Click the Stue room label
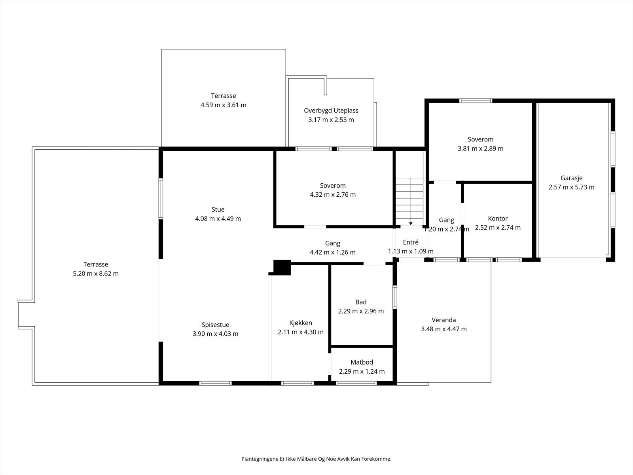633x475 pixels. (x=218, y=209)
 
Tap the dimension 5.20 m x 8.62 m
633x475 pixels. (x=96, y=274)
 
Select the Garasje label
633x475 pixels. (x=571, y=178)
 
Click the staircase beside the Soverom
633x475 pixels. (x=409, y=200)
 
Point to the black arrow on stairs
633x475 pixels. (x=411, y=223)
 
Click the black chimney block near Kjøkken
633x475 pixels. (x=282, y=267)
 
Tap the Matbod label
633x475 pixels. (x=362, y=362)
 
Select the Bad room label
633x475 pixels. (x=361, y=302)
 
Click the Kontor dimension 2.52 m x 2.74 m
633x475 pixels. (x=498, y=228)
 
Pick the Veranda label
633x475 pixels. (x=444, y=320)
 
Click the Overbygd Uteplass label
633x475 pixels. (x=331, y=110)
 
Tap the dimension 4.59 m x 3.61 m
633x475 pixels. (x=223, y=105)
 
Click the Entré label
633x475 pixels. (x=410, y=242)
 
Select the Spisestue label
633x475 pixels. (x=215, y=325)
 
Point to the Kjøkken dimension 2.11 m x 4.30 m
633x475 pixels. (x=301, y=332)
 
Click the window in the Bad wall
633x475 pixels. (x=395, y=297)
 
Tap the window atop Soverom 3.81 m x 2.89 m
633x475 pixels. (x=476, y=101)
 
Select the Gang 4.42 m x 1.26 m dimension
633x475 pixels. (x=332, y=252)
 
